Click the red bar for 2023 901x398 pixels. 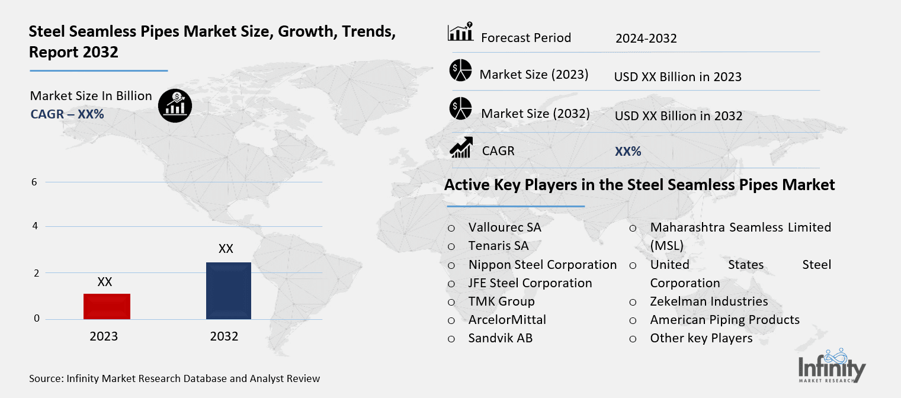pyautogui.click(x=107, y=306)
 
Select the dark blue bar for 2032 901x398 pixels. pyautogui.click(x=228, y=291)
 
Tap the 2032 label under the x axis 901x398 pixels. pyautogui.click(x=224, y=336)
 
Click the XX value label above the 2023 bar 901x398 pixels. pyautogui.click(x=105, y=283)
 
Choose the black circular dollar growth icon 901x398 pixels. pyautogui.click(x=175, y=106)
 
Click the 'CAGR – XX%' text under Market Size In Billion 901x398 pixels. pyautogui.click(x=67, y=114)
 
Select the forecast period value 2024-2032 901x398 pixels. pyautogui.click(x=646, y=38)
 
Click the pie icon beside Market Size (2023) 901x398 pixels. pyautogui.click(x=460, y=71)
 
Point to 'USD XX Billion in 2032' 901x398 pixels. pyautogui.click(x=678, y=116)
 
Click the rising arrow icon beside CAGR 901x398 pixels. pyautogui.click(x=460, y=147)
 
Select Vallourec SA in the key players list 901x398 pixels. pyautogui.click(x=505, y=227)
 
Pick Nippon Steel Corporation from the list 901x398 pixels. pyautogui.click(x=543, y=265)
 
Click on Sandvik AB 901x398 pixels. pyautogui.click(x=501, y=339)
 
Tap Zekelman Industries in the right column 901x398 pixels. pyautogui.click(x=708, y=301)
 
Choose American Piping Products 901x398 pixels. pyautogui.click(x=724, y=320)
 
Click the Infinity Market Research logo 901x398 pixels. pyautogui.click(x=831, y=367)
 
